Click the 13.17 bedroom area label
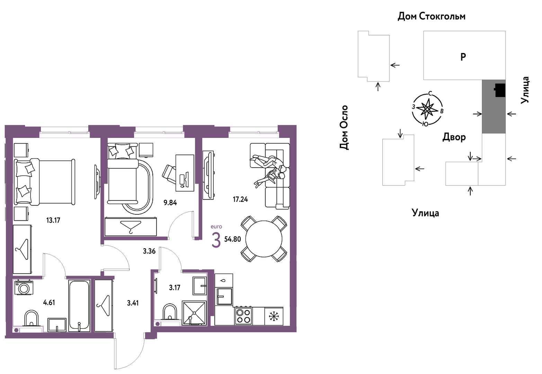point(53,220)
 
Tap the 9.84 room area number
point(170,203)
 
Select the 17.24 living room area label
point(240,199)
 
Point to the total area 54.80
point(232,239)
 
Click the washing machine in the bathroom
point(24,287)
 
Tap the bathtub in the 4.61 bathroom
point(79,306)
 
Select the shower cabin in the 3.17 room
point(194,313)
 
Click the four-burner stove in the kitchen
point(243,316)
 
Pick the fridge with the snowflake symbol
point(274,316)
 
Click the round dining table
point(264,239)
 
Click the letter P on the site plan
point(463,57)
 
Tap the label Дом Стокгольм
point(432,16)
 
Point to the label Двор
point(454,137)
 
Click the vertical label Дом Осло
point(344,127)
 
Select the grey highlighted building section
point(494,106)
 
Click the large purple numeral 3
point(216,240)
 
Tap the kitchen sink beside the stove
point(224,296)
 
